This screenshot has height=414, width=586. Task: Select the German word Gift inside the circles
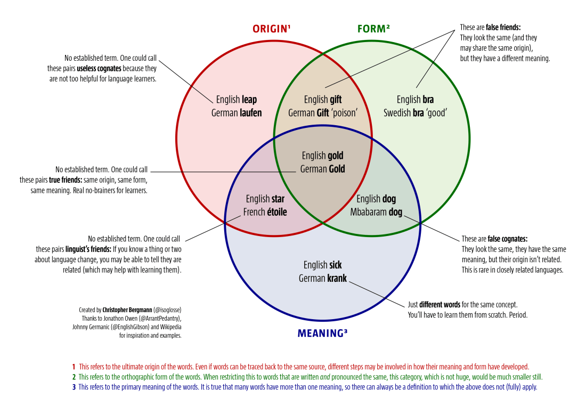point(323,113)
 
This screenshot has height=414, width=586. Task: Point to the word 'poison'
point(344,113)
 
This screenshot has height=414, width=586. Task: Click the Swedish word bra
point(418,113)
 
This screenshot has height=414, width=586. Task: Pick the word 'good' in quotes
point(436,113)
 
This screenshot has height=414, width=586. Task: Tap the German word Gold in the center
point(336,169)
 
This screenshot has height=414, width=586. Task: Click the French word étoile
point(273,212)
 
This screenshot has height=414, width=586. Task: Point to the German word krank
point(337,278)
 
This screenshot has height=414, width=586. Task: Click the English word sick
point(336,265)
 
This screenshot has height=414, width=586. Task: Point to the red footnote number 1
point(74,367)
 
